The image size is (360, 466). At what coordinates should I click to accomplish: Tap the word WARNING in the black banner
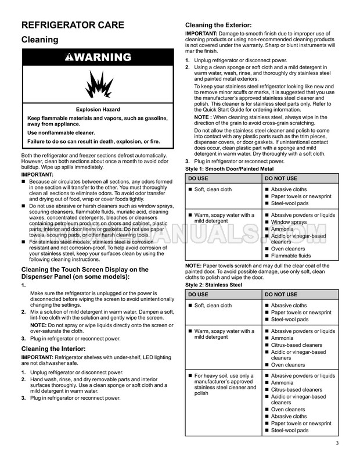click(x=102, y=58)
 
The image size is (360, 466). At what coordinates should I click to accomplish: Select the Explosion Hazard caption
click(x=98, y=109)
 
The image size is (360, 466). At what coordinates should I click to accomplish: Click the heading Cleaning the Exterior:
click(x=218, y=26)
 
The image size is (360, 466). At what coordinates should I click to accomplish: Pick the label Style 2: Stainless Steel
click(x=214, y=285)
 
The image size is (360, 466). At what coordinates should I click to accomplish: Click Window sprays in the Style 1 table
click(x=289, y=222)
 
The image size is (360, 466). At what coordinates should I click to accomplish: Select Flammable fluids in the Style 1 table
click(x=290, y=256)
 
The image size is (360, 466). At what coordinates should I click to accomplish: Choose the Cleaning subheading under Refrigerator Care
click(x=39, y=40)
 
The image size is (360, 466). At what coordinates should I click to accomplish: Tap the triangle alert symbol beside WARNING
click(x=69, y=58)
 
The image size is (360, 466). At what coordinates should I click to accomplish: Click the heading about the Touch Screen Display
click(x=85, y=273)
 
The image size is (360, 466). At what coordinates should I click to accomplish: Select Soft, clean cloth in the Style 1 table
click(x=213, y=189)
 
